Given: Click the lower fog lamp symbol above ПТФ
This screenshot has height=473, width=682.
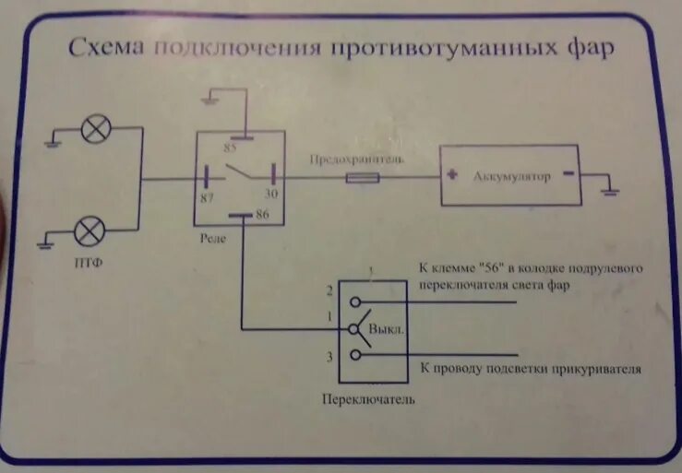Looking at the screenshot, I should tap(90, 230).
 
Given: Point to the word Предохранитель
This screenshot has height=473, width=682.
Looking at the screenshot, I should tap(357, 159).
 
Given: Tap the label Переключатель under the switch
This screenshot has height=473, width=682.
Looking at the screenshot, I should tap(368, 399).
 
